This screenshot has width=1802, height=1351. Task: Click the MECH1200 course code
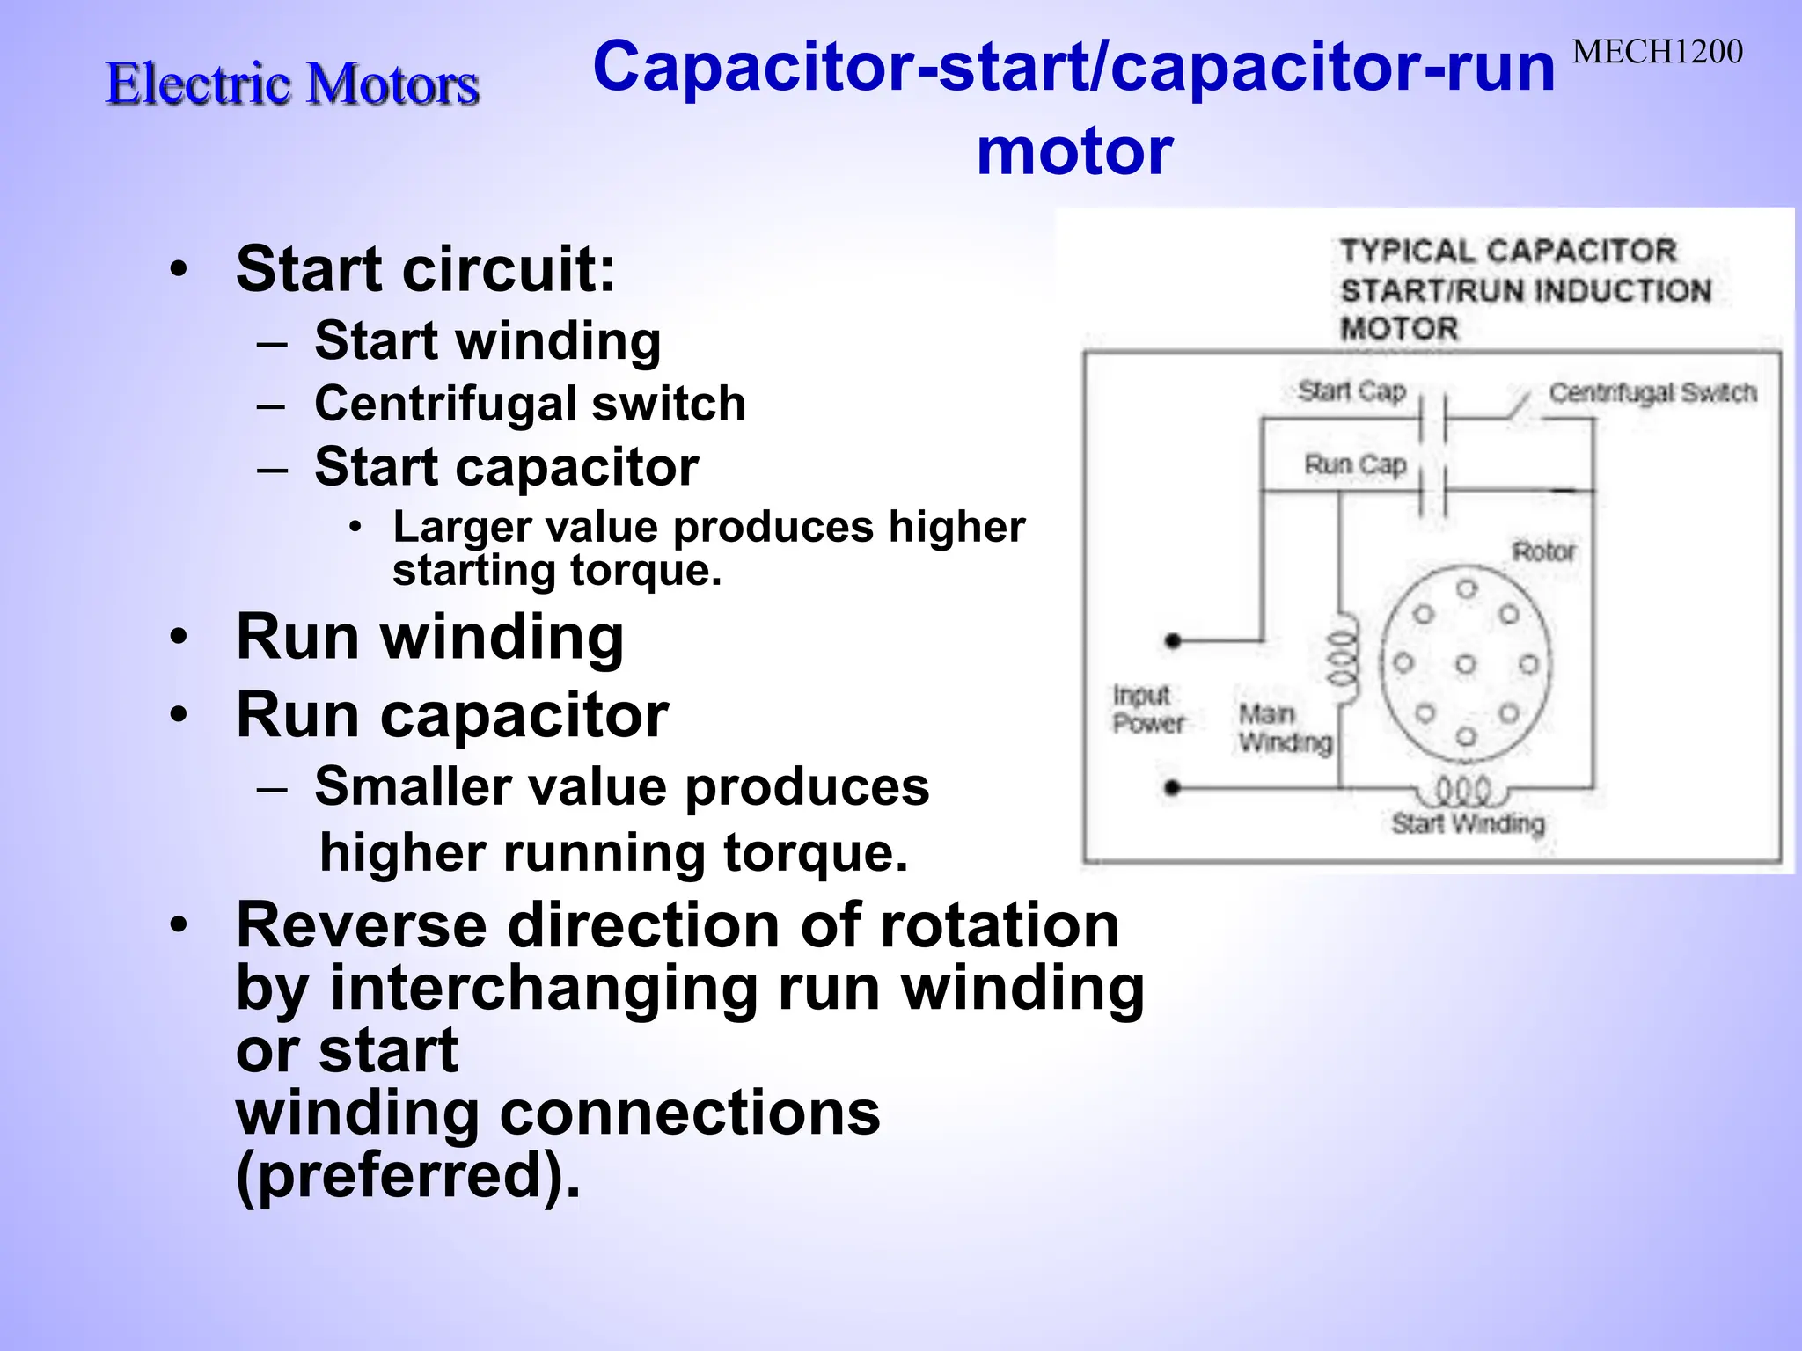1657,53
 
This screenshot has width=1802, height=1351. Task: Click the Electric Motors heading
292,84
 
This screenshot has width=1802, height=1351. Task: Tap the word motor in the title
1074,151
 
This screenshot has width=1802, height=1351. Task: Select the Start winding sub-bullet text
487,341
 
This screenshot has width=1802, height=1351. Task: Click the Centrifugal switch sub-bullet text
530,404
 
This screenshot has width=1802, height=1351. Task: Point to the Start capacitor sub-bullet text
506,466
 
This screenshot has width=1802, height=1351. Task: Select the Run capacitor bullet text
452,714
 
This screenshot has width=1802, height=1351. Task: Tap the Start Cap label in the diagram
1351,391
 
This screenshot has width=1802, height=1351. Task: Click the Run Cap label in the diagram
1355,464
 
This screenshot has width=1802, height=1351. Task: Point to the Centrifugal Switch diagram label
1652,392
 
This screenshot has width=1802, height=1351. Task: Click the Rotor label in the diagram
1543,551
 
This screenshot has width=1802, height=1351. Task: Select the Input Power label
1147,709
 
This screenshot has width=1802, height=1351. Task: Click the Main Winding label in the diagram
1285,728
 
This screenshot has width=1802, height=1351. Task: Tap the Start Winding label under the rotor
1468,823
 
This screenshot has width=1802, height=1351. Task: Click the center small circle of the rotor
1465,664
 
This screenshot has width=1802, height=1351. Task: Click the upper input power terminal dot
1172,640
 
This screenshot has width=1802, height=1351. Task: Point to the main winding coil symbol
1342,658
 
